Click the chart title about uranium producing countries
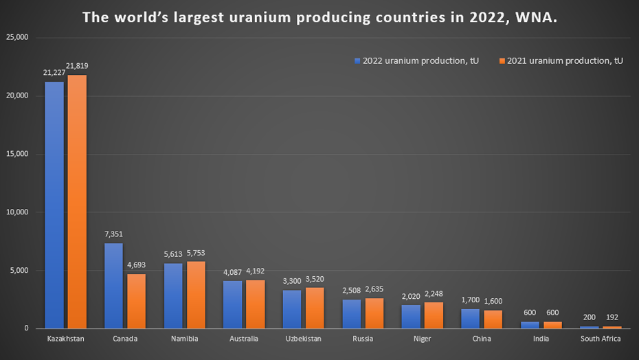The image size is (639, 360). (x=319, y=17)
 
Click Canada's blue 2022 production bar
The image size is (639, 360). (x=113, y=285)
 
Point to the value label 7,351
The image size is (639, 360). (x=113, y=234)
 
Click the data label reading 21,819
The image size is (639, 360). (x=77, y=66)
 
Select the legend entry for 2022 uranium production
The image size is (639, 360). (x=416, y=61)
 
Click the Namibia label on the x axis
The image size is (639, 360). (x=184, y=339)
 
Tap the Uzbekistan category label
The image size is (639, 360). (x=303, y=339)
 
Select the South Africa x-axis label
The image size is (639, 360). (x=601, y=339)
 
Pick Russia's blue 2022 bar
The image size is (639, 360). (x=351, y=313)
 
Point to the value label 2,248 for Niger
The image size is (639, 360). (x=434, y=294)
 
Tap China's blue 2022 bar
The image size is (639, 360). (x=470, y=318)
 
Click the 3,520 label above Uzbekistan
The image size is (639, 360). (x=315, y=280)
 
